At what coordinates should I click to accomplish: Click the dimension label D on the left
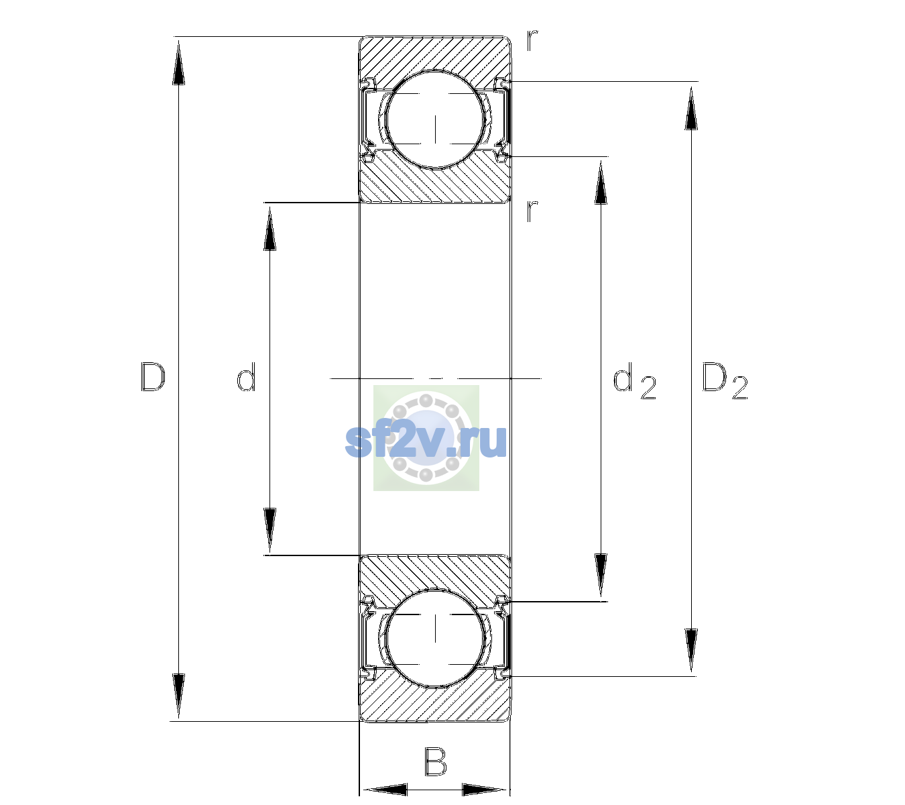point(153,377)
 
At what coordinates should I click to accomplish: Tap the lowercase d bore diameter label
point(246,377)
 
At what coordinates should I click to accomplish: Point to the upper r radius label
point(532,40)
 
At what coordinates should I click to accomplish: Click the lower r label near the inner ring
point(532,211)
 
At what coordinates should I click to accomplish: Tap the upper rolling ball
point(435,119)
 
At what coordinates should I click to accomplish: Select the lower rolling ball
point(435,637)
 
